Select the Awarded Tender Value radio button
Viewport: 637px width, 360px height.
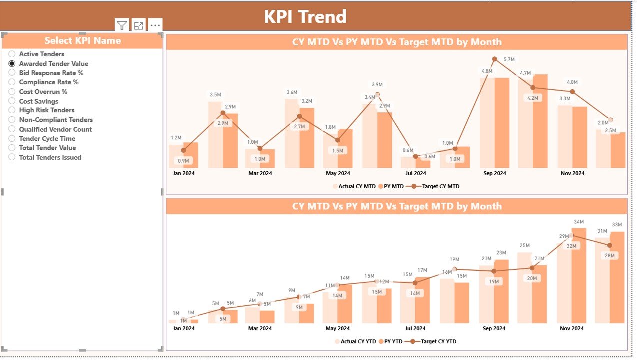pos(12,64)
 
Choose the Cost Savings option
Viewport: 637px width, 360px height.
pos(12,101)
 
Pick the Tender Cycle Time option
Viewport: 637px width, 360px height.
pos(12,139)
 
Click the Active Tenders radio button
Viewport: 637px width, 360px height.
pos(12,54)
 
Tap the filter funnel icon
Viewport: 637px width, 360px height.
pos(122,25)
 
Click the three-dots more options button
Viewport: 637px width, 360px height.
pos(155,25)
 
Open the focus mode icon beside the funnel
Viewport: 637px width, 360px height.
pos(139,25)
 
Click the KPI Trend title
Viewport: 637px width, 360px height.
pos(305,17)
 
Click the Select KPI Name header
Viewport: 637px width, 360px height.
pos(83,41)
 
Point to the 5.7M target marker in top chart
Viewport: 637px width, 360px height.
pos(494,59)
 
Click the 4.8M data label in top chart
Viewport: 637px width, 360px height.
pos(487,71)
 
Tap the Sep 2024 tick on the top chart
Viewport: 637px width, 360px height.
pos(494,174)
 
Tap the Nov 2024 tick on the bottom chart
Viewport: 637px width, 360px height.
pos(572,329)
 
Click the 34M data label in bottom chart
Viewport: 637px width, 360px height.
pos(579,222)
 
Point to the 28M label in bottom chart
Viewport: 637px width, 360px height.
pos(609,255)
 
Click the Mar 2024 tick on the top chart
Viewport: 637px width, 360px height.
pos(260,174)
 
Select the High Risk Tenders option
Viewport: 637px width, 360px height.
pos(12,110)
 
